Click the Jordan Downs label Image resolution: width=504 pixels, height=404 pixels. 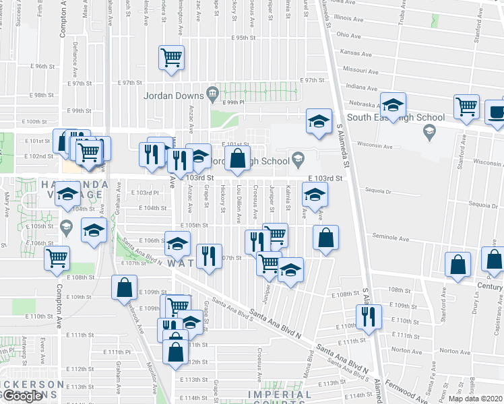click(x=172, y=95)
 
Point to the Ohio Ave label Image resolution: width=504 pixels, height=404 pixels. click(x=349, y=34)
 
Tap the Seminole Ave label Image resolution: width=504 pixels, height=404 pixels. click(x=391, y=238)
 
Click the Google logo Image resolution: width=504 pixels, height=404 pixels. click(x=22, y=396)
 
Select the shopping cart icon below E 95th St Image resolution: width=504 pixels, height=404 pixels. click(x=172, y=57)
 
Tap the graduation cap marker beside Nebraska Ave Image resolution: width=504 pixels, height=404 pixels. click(x=393, y=105)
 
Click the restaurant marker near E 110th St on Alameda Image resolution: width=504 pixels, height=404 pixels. click(x=368, y=316)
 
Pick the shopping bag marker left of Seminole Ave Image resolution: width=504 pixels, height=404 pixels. click(x=325, y=238)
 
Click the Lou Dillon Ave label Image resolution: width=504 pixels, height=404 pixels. click(x=239, y=209)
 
